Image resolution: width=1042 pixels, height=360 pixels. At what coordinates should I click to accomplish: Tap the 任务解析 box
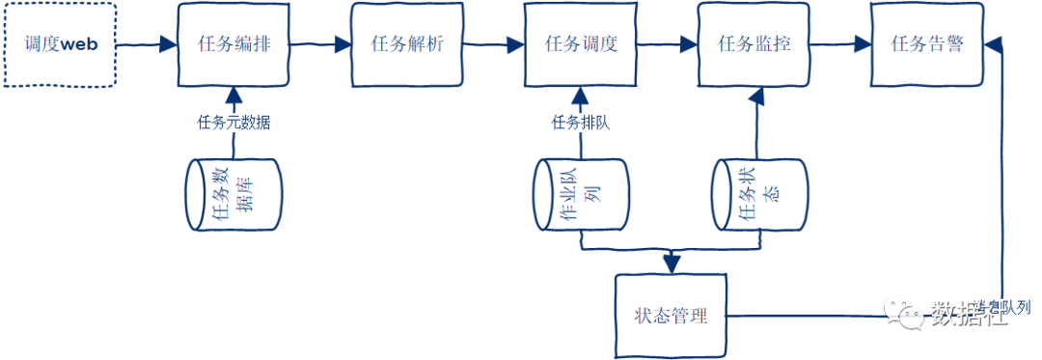(x=407, y=44)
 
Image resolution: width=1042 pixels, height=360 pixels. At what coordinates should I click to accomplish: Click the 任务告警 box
(x=927, y=44)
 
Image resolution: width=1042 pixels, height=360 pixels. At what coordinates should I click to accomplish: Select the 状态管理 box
(x=672, y=316)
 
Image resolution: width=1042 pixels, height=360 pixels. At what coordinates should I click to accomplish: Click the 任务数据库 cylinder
(x=233, y=196)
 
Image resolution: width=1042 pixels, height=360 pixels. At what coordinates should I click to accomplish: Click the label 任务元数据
(x=233, y=123)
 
